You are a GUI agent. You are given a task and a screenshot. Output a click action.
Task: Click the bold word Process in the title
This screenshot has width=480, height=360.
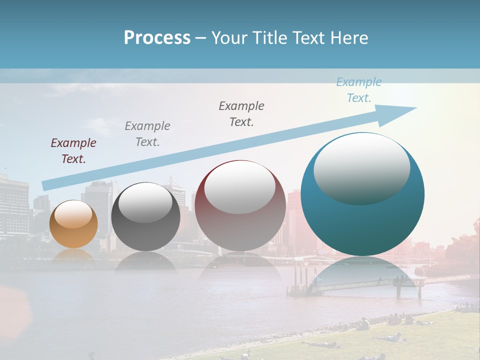157,37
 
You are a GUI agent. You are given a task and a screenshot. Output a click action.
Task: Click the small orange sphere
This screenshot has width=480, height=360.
73,224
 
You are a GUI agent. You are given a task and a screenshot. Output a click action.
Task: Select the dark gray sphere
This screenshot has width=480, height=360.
145,216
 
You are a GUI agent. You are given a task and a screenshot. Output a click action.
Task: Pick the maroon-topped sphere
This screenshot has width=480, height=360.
240,206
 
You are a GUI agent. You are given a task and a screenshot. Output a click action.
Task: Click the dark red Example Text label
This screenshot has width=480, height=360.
73,151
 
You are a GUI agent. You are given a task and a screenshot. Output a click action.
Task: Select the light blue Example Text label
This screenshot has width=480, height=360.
358,90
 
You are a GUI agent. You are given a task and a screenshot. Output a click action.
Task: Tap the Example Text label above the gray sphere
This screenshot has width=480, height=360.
147,134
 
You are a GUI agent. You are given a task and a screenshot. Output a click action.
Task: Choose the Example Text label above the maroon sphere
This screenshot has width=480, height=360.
241,114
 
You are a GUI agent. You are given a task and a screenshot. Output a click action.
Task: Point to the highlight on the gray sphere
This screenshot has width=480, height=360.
145,202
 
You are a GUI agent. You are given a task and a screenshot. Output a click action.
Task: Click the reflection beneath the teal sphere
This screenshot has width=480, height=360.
362,270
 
